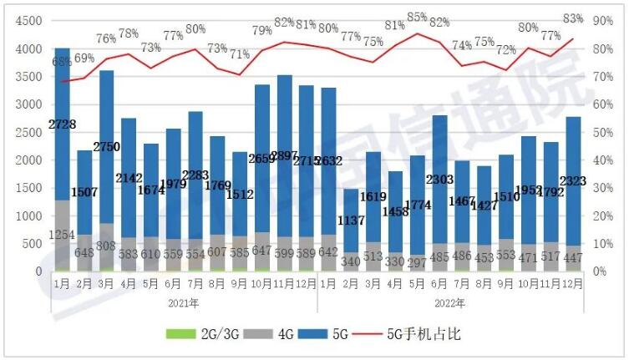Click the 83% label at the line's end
[573, 18]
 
